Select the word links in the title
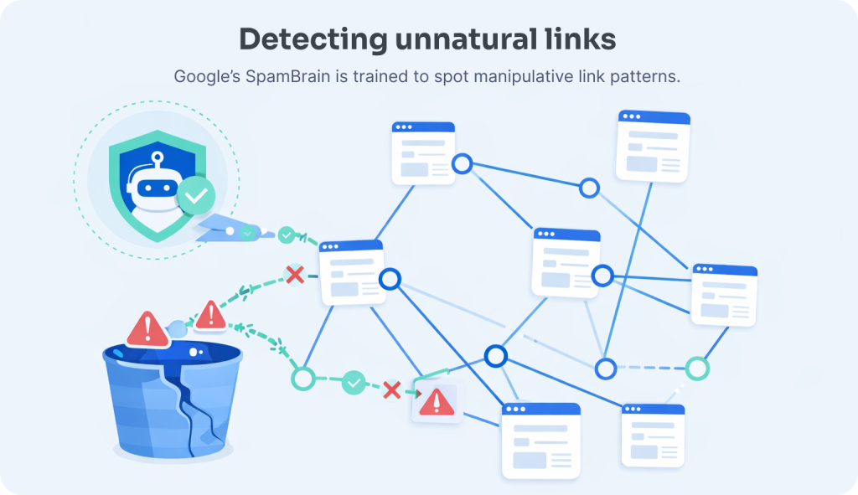tap(581, 39)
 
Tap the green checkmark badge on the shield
tap(196, 196)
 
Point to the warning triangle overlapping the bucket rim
tap(148, 328)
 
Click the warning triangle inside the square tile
tap(437, 402)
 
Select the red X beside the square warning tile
tap(391, 389)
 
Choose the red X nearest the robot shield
tap(295, 274)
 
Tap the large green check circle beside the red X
tap(354, 383)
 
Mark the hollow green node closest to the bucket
tap(302, 379)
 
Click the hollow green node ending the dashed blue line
tap(697, 368)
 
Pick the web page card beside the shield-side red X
tap(352, 271)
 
